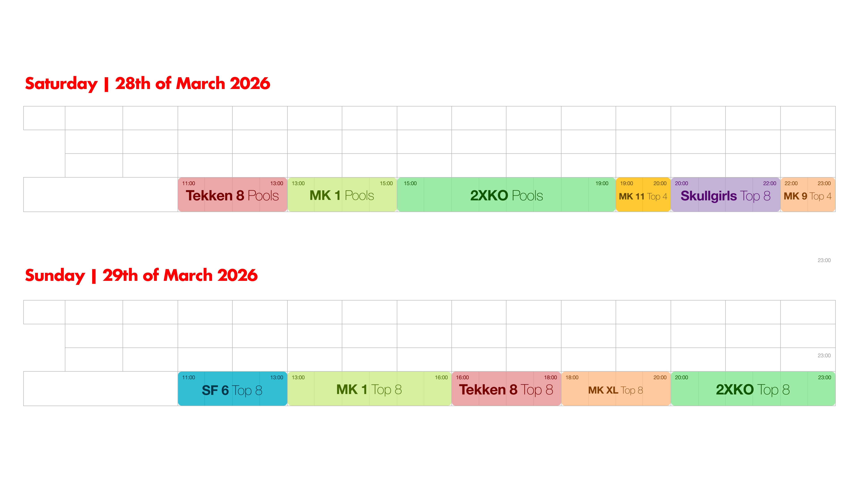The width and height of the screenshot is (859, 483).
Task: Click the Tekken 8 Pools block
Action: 232,195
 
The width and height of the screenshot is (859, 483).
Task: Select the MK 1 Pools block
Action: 342,195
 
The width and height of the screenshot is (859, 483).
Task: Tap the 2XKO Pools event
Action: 506,195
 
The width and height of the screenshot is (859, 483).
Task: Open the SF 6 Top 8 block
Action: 232,389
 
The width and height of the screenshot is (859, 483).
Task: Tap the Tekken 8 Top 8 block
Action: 506,389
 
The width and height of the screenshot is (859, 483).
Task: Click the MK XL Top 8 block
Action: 616,389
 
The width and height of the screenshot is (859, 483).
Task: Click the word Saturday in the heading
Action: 61,83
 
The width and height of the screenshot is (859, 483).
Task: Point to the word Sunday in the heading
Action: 55,276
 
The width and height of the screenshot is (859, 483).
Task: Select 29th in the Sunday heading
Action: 120,275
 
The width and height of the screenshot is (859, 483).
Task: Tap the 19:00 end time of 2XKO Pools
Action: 602,183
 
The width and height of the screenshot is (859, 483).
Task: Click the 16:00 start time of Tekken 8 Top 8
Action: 462,377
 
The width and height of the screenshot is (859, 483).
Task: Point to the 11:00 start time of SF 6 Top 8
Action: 188,377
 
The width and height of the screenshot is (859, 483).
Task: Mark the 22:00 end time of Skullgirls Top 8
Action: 770,183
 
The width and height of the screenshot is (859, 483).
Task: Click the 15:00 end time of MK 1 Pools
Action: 386,183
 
